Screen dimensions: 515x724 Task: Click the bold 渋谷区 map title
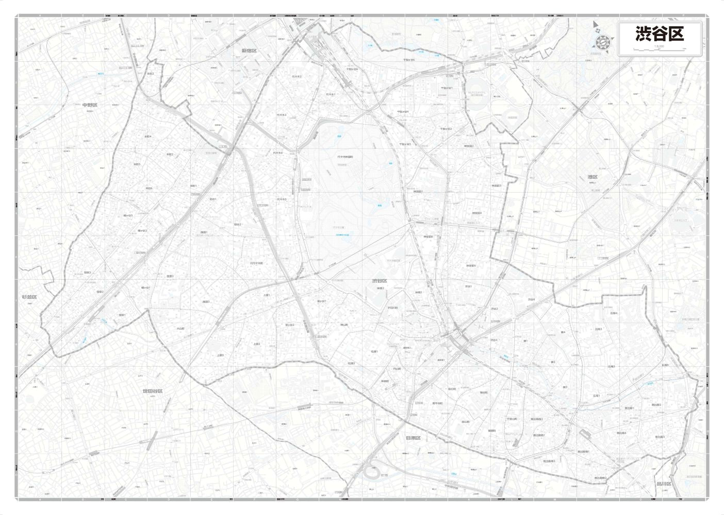coord(660,33)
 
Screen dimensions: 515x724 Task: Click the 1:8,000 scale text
coord(659,46)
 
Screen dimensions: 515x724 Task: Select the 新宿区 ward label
coord(249,50)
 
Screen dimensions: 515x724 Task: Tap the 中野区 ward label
coord(90,105)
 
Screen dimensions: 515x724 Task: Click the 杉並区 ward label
coord(29,297)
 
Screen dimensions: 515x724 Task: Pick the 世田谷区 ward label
coord(153,391)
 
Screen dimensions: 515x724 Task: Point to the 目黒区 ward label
coord(413,438)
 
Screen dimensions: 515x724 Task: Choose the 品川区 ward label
coord(664,484)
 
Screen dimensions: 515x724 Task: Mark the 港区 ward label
coord(593,177)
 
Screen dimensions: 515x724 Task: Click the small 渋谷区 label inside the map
coord(380,281)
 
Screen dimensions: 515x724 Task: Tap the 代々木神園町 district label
coord(345,157)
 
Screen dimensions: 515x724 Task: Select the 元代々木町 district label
coord(256,263)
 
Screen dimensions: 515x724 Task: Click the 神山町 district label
coord(344,324)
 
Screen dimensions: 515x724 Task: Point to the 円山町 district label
coord(397,368)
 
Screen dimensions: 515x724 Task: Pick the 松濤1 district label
coord(374,351)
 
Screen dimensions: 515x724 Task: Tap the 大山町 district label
coord(180,328)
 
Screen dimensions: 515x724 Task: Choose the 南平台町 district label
coord(437,403)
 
